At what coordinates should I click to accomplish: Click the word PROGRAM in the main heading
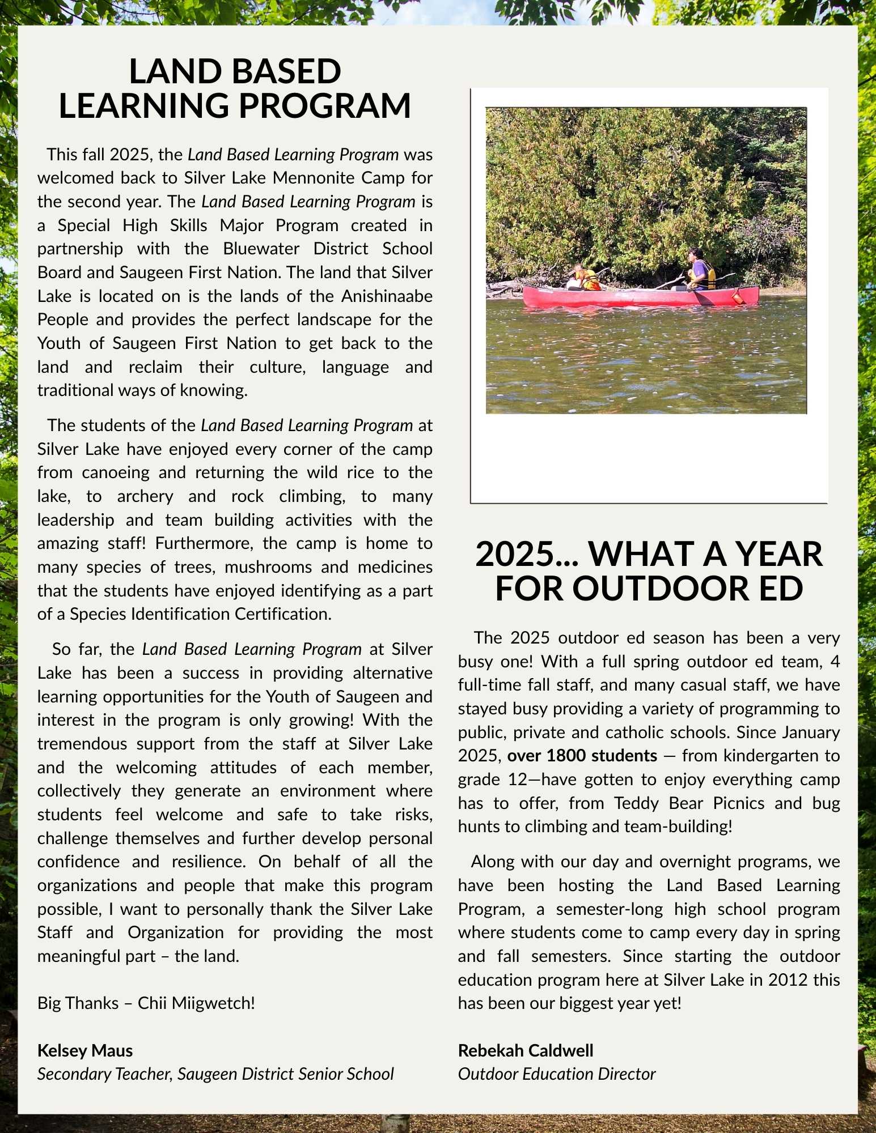click(324, 106)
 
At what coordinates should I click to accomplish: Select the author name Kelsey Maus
click(85, 1051)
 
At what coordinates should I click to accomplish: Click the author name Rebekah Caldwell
click(526, 1051)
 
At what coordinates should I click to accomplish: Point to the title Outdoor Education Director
click(556, 1074)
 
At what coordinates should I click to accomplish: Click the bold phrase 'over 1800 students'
click(582, 756)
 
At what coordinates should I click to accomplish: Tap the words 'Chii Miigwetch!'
click(196, 1003)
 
